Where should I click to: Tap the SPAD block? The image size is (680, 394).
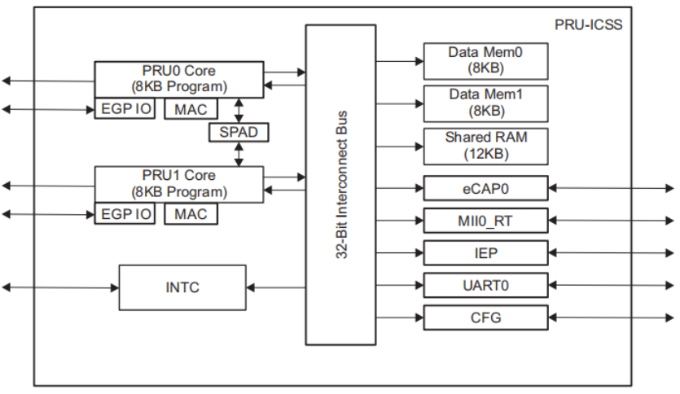pos(238,131)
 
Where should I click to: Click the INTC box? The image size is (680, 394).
pos(182,287)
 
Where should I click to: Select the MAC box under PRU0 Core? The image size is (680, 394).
pos(191,108)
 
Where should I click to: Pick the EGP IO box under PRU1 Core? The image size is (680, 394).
pos(125,214)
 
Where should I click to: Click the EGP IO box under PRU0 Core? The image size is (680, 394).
pos(125,108)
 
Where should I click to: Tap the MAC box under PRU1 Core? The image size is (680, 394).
pos(191,214)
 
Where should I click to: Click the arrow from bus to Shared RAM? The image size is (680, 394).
pos(400,146)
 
